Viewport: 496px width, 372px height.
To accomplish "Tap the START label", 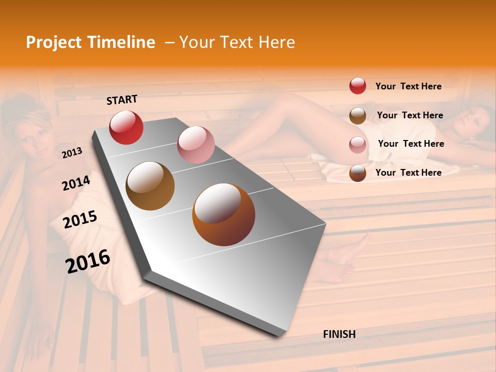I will pos(122,100).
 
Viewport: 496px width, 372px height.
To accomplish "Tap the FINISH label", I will pos(339,334).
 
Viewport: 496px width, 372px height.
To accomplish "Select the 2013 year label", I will pos(72,152).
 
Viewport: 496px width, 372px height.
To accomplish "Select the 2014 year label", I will pos(76,183).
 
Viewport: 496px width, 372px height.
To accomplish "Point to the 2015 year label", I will pos(80,219).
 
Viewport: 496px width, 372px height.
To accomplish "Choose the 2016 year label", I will pos(88,261).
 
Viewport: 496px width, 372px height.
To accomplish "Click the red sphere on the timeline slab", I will pos(126,127).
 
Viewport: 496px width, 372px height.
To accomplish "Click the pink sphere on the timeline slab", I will pos(196,145).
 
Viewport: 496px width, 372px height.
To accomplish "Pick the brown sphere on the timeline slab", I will pos(150,186).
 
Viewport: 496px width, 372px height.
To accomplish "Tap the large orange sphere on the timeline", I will pos(224,214).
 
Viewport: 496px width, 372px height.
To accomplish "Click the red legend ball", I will pos(358,86).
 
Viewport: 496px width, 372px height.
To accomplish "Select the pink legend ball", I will pos(358,145).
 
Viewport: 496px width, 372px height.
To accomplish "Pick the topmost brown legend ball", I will pos(358,115).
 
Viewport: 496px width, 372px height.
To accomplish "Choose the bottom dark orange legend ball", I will pos(358,173).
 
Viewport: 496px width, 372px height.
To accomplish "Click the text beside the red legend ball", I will pos(408,86).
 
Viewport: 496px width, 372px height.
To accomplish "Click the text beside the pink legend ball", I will pos(411,144).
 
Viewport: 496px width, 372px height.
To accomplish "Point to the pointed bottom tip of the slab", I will pos(280,336).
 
